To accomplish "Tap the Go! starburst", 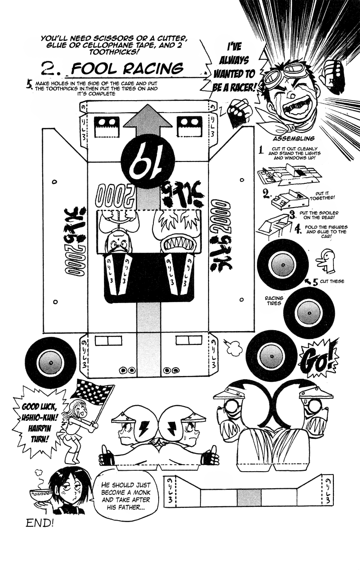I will coord(319,362).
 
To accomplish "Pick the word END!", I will coord(40,524).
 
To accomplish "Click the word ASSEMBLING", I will coord(294,139).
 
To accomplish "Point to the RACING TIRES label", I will coord(274,301).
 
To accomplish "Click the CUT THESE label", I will coord(331,281).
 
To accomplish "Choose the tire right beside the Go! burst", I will coord(272,355).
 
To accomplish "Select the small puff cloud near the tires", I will coord(233,349).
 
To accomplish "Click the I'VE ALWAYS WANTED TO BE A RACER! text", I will coord(235,66).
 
